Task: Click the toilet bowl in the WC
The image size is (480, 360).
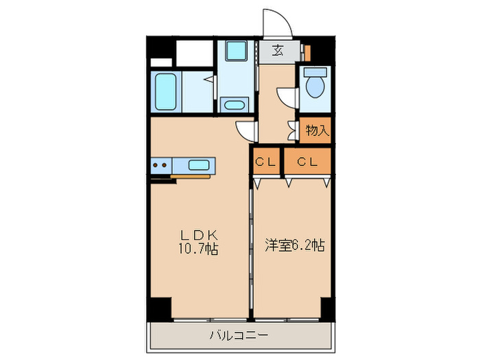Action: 315,87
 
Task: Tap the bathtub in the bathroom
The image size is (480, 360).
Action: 166,91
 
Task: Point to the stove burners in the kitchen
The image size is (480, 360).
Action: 160,165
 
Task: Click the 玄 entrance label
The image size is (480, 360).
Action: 278,50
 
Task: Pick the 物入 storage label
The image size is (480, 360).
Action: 316,130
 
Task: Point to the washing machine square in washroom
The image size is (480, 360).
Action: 236,53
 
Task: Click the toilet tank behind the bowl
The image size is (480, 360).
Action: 315,71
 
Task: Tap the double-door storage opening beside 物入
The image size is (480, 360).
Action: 293,130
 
